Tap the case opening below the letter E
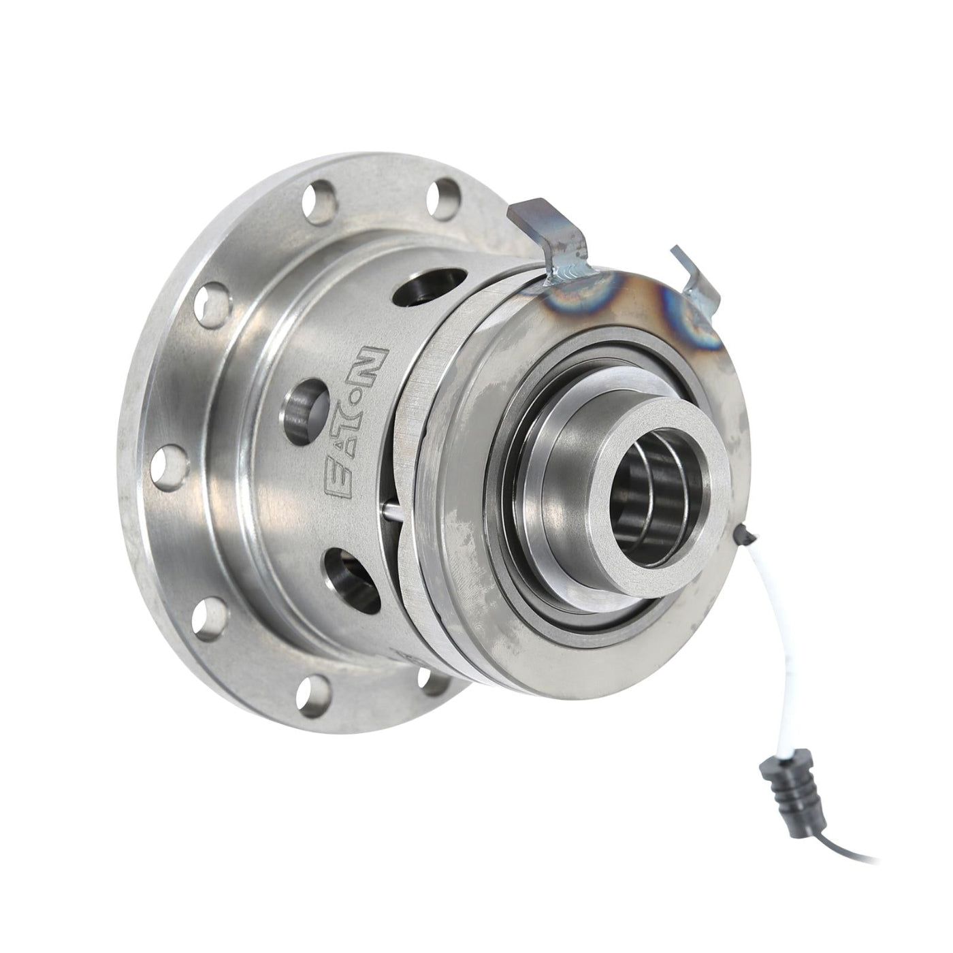click(351, 569)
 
